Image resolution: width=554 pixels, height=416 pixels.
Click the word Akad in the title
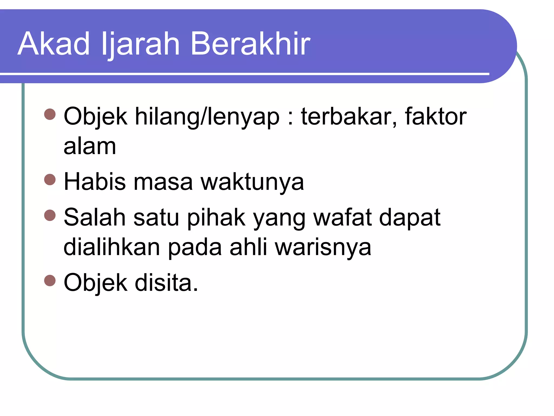[54, 44]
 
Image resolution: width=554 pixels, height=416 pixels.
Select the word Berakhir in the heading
[250, 44]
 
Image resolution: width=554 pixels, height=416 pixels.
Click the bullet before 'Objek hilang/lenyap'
[50, 114]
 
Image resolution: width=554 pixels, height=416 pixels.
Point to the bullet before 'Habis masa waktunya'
[50, 179]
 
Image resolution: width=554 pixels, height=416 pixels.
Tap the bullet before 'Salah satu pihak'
[50, 215]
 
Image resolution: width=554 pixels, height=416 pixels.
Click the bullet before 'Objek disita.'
[50, 281]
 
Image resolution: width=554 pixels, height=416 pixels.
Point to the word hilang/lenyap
[207, 117]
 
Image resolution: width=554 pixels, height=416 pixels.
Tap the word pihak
[216, 218]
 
